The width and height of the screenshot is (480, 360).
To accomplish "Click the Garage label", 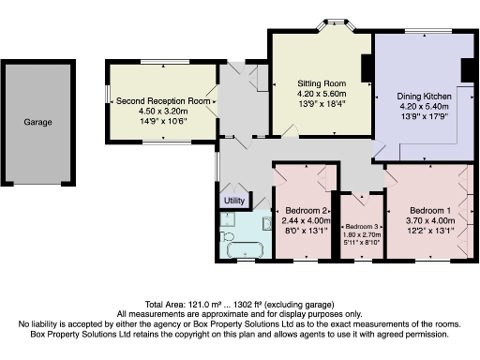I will pyautogui.click(x=38, y=122).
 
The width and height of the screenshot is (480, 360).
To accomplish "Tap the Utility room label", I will pyautogui.click(x=234, y=201).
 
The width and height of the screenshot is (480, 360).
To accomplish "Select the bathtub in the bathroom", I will pyautogui.click(x=247, y=248).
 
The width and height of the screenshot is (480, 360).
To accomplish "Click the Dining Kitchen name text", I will pyautogui.click(x=425, y=97).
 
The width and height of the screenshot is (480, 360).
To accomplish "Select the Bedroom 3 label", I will pyautogui.click(x=362, y=228).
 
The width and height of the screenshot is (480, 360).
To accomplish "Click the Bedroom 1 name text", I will pyautogui.click(x=429, y=210).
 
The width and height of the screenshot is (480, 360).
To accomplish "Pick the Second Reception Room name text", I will pyautogui.click(x=158, y=101).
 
